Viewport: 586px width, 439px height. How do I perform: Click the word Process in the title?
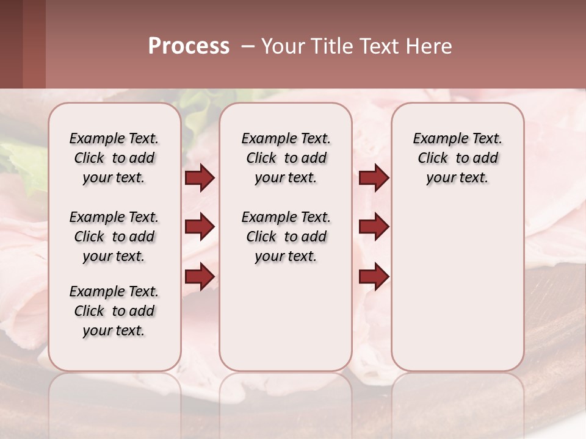click(189, 46)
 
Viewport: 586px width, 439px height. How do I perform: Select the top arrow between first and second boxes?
click(200, 177)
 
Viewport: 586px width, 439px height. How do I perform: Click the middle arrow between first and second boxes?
click(200, 227)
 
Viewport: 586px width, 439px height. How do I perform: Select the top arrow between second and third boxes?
click(374, 177)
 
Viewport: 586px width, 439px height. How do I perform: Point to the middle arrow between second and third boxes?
click(374, 227)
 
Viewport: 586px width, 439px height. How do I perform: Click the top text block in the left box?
click(114, 158)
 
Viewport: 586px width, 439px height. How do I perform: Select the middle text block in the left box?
click(114, 237)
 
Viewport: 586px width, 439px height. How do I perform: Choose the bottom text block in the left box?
click(114, 311)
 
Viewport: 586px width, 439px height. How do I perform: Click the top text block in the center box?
click(286, 158)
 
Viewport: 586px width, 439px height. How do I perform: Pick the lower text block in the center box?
click(286, 237)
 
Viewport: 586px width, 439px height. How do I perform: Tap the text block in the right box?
click(457, 158)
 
